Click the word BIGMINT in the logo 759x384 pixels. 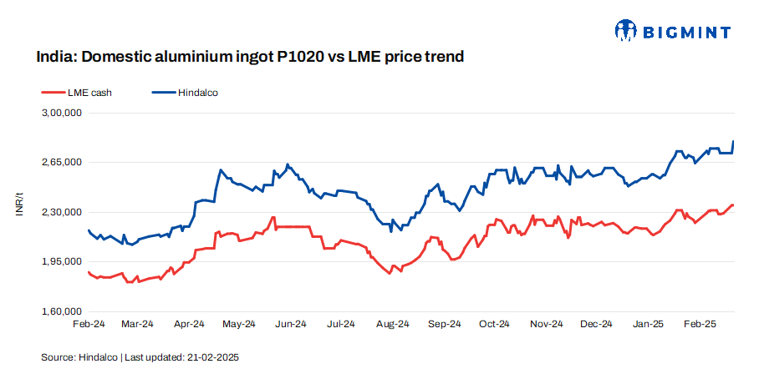(687, 32)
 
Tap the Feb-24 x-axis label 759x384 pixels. (89, 324)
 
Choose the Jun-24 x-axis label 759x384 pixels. (290, 324)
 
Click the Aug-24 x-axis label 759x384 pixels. (392, 324)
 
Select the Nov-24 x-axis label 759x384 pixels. (546, 324)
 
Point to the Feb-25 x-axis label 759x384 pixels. (699, 324)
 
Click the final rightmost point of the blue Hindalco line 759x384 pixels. (734, 142)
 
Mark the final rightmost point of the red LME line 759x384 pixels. (733, 205)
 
